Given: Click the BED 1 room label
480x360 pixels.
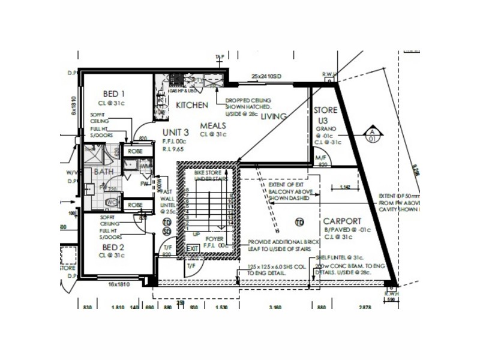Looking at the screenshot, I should pos(113,94).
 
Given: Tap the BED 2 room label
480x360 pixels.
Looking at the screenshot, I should pos(113,247).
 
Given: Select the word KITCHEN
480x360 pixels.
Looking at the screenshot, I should pos(192,105).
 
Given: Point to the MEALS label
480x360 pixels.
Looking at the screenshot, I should pos(213,125).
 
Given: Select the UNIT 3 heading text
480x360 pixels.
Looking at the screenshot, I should pos(176,133).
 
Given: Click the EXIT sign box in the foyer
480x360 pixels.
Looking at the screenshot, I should pos(193,248).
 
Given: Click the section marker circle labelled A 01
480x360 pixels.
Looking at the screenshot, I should pos(372,136).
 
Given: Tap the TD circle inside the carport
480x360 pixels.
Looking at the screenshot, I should pos(299,223).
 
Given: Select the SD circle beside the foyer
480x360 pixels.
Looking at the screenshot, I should pos(167,231).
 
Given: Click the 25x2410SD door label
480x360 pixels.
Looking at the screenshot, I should pos(266,77).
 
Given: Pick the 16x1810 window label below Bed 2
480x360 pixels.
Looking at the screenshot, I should pos(119,284).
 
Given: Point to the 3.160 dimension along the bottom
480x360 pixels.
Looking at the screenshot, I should pos(275,307).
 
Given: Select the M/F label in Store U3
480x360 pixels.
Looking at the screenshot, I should pos(322,158).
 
